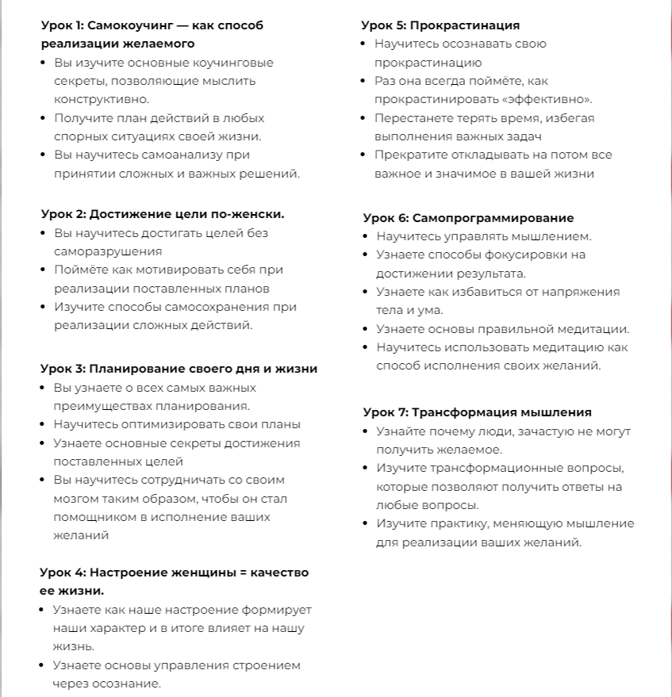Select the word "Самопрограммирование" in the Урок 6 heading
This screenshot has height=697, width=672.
pos(503,218)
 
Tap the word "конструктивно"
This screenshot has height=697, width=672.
pos(101,99)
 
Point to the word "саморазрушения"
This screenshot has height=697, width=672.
pos(107,251)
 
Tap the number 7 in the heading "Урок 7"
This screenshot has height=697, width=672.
pos(403,412)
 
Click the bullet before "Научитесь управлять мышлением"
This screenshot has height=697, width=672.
pos(366,236)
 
